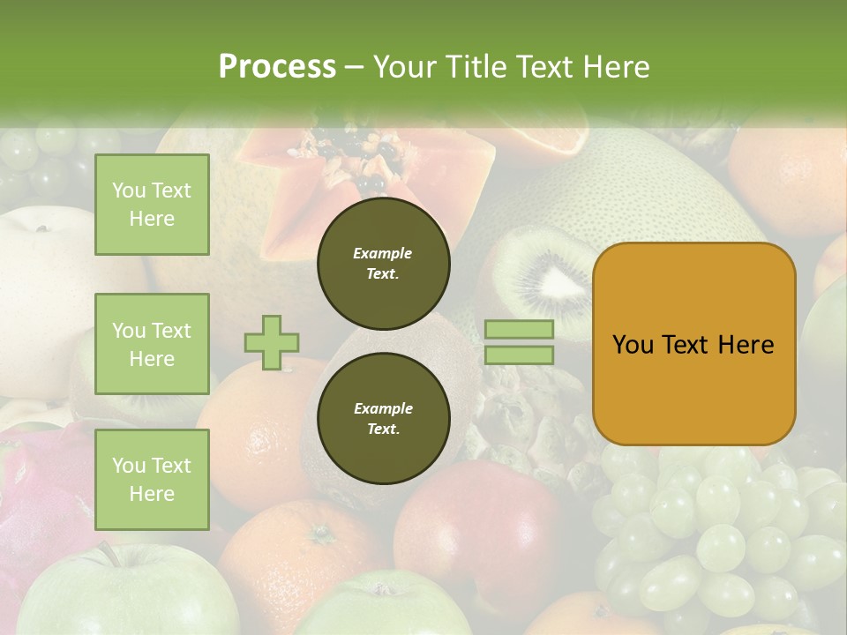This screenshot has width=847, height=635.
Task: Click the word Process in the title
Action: coord(277,67)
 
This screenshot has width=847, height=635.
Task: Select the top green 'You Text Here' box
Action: coord(152,205)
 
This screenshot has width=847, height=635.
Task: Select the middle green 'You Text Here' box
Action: coord(152,344)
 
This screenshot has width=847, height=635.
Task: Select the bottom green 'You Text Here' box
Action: coord(152,480)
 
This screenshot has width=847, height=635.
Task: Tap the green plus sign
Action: coord(272,342)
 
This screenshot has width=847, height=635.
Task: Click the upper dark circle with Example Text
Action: coord(383,264)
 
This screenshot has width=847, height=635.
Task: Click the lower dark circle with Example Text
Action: coord(383,419)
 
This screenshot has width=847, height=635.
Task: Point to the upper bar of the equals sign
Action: coord(519,329)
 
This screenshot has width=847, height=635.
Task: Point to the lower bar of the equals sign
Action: coord(519,355)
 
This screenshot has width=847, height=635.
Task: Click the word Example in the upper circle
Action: coord(383,253)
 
